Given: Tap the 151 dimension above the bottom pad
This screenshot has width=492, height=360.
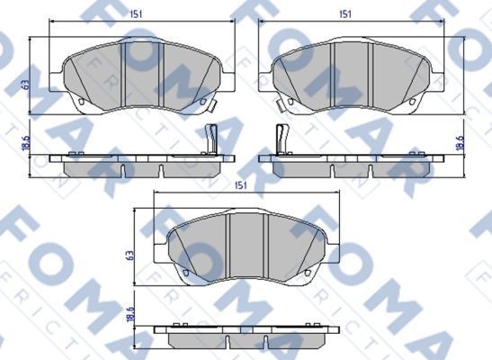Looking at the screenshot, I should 240,185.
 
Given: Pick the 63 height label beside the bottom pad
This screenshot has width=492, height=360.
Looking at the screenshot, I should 131,256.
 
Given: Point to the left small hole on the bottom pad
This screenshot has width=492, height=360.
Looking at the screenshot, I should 185,271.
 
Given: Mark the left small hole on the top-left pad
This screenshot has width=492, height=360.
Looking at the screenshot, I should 81,100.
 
